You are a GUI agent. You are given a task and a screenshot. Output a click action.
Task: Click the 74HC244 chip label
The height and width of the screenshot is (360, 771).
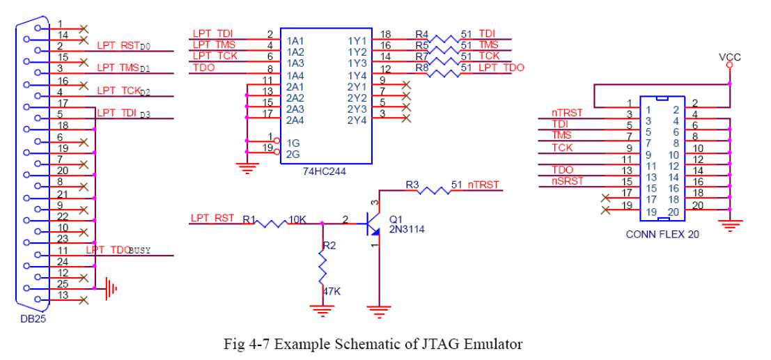(326, 171)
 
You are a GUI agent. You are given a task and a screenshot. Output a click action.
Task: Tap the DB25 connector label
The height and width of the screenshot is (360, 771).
(33, 318)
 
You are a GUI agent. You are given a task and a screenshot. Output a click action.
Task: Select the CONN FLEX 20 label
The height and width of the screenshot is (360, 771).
(662, 235)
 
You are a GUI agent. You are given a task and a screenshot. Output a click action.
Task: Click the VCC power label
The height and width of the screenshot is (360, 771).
(730, 58)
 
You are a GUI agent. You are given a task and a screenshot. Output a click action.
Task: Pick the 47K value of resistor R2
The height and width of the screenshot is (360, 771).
(332, 292)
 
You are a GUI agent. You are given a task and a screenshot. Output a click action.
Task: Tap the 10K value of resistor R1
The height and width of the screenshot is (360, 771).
(298, 219)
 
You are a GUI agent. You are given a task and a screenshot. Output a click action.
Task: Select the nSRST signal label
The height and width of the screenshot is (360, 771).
(568, 180)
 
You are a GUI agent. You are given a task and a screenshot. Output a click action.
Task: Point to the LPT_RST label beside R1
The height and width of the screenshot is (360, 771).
(212, 218)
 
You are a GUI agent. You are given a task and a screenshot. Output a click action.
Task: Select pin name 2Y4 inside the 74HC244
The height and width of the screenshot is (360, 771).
(357, 119)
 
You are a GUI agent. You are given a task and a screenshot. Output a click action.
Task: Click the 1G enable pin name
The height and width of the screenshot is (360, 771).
(293, 143)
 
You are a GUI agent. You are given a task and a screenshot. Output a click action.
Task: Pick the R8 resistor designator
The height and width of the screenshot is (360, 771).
(421, 68)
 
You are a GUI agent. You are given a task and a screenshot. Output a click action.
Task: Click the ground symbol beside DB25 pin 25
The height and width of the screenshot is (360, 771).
(111, 288)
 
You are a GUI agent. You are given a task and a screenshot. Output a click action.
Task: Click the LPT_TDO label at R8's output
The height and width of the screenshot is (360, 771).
(501, 68)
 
